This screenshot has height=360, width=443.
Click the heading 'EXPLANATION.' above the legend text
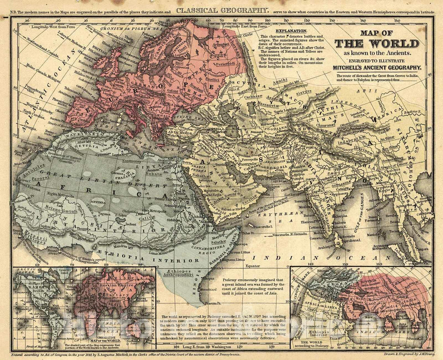(291, 31)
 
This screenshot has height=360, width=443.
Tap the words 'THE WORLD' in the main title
(377, 44)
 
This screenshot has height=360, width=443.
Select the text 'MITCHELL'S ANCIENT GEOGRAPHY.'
(377, 68)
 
